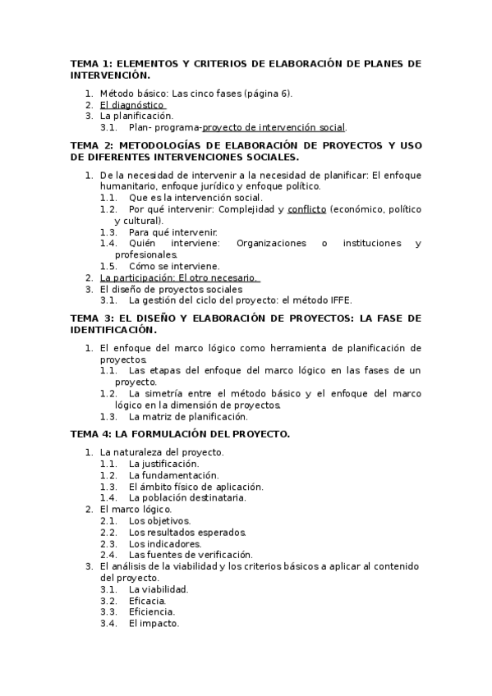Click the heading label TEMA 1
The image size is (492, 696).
click(x=89, y=63)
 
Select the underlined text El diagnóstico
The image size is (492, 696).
click(x=132, y=105)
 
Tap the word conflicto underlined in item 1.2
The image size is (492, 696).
click(x=306, y=209)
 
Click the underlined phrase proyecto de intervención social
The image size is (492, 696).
click(x=274, y=127)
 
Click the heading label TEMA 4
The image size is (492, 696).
click(x=89, y=433)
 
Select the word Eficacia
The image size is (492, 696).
click(x=148, y=600)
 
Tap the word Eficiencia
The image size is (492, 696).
click(x=152, y=611)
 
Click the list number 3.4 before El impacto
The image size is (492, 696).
click(x=108, y=623)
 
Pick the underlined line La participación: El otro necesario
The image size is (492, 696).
click(x=178, y=277)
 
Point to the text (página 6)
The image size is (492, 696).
click(x=268, y=94)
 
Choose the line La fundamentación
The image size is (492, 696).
click(x=174, y=475)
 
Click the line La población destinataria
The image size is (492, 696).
click(x=187, y=497)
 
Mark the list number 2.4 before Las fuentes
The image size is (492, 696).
click(x=108, y=555)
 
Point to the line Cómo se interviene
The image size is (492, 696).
click(x=174, y=266)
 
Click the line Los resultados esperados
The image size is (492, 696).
click(x=186, y=532)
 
